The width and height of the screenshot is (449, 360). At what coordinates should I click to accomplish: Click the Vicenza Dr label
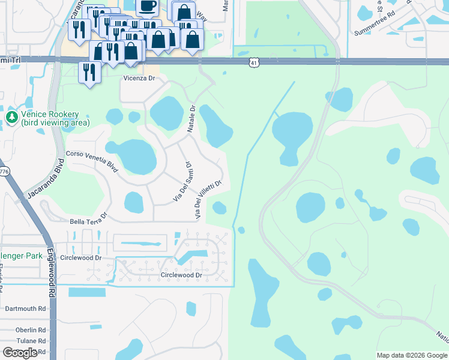click(x=139, y=79)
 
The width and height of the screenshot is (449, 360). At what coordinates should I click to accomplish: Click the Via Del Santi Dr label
click(x=182, y=181)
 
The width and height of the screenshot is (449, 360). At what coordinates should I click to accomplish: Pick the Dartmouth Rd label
click(x=25, y=308)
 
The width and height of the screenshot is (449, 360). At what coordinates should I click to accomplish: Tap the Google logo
click(x=20, y=353)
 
